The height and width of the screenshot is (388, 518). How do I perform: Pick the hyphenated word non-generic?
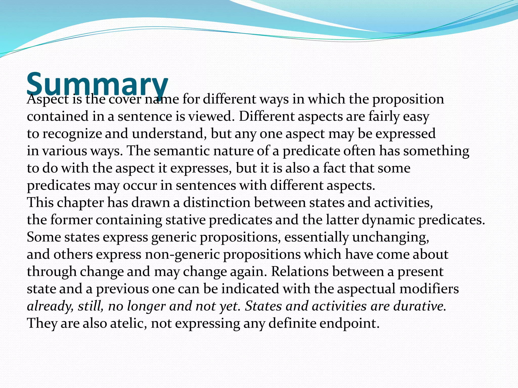(182, 254)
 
